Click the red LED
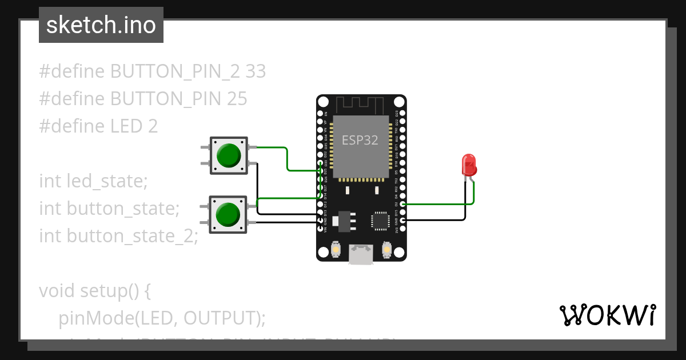(469, 165)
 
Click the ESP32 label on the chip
(360, 140)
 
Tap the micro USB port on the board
(361, 255)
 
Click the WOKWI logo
(607, 315)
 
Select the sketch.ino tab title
(101, 25)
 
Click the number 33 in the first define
(256, 71)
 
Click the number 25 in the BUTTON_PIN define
(237, 99)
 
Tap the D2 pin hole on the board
(403, 204)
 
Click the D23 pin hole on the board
(403, 114)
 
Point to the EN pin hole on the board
(320, 114)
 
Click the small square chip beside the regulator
(380, 221)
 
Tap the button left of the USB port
(336, 250)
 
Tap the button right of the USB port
(387, 250)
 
